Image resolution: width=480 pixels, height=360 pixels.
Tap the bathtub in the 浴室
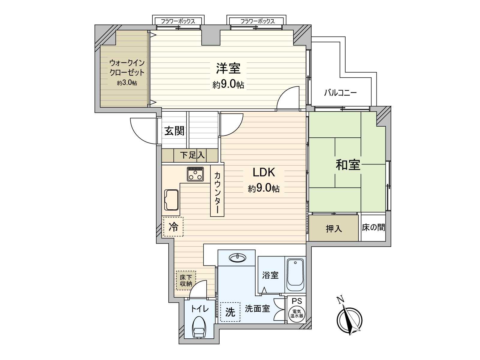click(x=295, y=274)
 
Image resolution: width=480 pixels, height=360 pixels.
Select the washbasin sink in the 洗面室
click(x=237, y=257)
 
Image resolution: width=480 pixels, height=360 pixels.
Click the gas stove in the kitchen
click(x=195, y=174)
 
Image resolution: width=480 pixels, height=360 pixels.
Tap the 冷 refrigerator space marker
click(x=173, y=226)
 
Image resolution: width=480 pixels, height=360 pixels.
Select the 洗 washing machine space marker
click(x=230, y=312)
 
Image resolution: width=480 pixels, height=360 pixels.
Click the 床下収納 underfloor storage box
click(x=186, y=280)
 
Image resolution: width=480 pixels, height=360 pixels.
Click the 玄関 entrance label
click(x=174, y=131)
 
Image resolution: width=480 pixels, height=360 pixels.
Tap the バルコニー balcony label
click(x=340, y=93)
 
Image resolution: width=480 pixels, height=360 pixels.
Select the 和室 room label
click(x=348, y=165)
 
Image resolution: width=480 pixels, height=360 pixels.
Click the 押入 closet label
click(x=334, y=229)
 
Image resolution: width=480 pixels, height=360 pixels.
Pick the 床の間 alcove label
click(x=373, y=227)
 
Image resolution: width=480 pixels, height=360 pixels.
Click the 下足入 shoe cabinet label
click(x=192, y=155)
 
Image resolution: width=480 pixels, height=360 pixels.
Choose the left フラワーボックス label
click(x=178, y=21)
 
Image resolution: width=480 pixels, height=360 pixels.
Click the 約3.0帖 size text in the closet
click(x=127, y=83)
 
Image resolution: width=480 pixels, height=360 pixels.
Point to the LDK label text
click(x=264, y=172)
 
